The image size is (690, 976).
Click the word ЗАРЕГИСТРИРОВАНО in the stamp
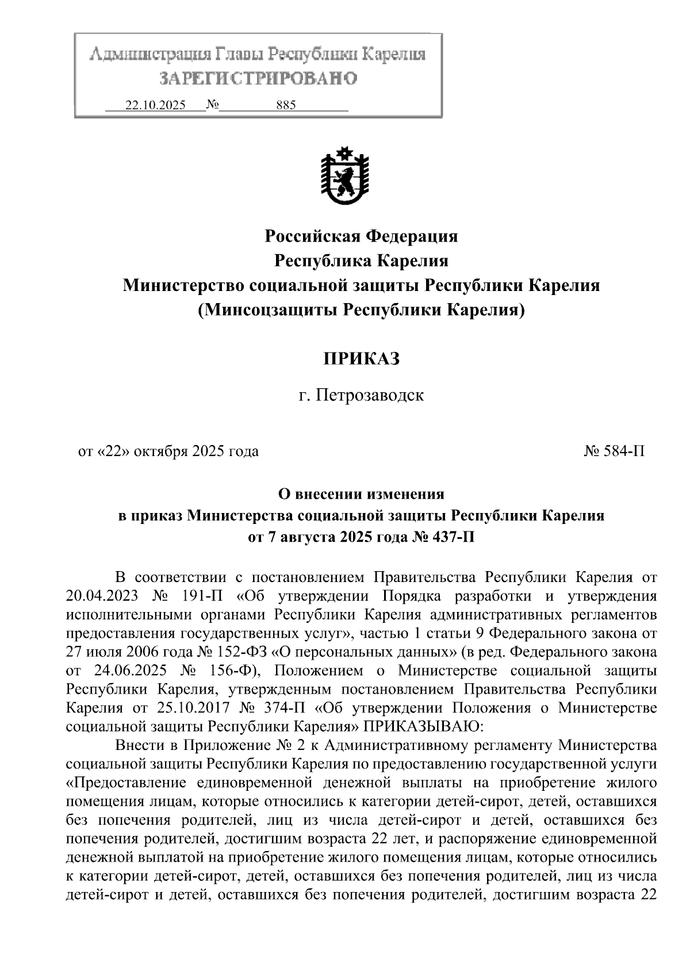258,78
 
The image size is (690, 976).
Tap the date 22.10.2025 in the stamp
155,106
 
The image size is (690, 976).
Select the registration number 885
286,106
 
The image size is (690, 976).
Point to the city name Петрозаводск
371,396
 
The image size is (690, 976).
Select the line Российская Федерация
361,236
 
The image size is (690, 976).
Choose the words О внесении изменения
361,494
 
